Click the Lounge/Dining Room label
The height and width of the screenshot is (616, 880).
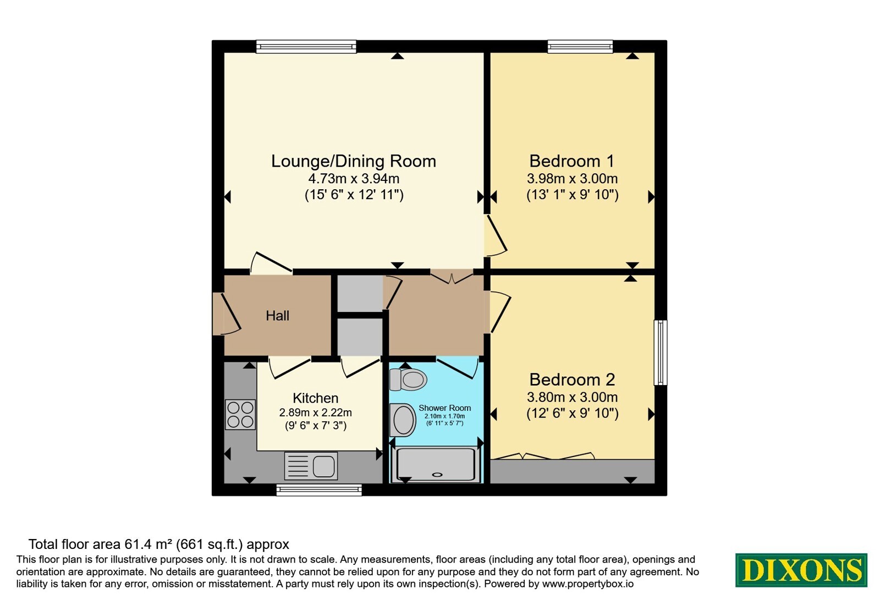pyautogui.click(x=354, y=161)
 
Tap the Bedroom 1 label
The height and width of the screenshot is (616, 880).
pyautogui.click(x=571, y=161)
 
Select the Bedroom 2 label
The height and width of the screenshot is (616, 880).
pyautogui.click(x=572, y=380)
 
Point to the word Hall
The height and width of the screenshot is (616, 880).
pyautogui.click(x=277, y=316)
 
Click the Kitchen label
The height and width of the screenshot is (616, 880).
pyautogui.click(x=316, y=398)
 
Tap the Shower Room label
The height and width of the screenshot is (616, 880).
pyautogui.click(x=445, y=408)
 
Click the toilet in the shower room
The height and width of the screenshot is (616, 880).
pyautogui.click(x=408, y=380)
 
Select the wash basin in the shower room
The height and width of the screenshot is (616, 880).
pyautogui.click(x=403, y=420)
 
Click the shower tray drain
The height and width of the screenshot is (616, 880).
pyautogui.click(x=437, y=475)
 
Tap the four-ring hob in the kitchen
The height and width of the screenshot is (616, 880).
pyautogui.click(x=240, y=415)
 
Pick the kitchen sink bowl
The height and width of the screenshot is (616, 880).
pyautogui.click(x=324, y=466)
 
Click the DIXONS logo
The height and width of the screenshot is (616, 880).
pyautogui.click(x=801, y=570)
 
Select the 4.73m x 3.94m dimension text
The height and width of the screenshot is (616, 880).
pyautogui.click(x=354, y=179)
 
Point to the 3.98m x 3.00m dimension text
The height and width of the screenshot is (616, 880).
pyautogui.click(x=572, y=179)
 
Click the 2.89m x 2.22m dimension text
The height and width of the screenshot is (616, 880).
pyautogui.click(x=316, y=413)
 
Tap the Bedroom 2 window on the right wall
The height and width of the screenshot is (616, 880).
pyautogui.click(x=661, y=353)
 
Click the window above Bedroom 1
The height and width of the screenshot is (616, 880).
pyautogui.click(x=580, y=46)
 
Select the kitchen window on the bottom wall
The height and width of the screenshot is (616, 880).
pyautogui.click(x=319, y=490)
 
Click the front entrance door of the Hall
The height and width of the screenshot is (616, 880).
pyautogui.click(x=227, y=314)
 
